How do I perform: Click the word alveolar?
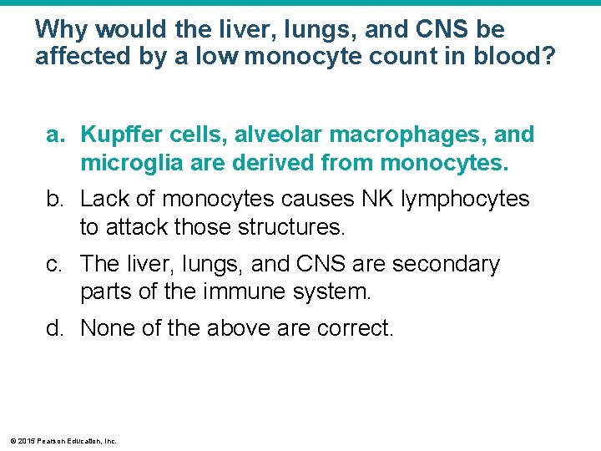pyautogui.click(x=270, y=134)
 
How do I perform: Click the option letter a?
pyautogui.click(x=54, y=134)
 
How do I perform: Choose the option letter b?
pyautogui.click(x=54, y=199)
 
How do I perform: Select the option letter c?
pyautogui.click(x=54, y=264)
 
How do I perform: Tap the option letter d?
pyautogui.click(x=54, y=328)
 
